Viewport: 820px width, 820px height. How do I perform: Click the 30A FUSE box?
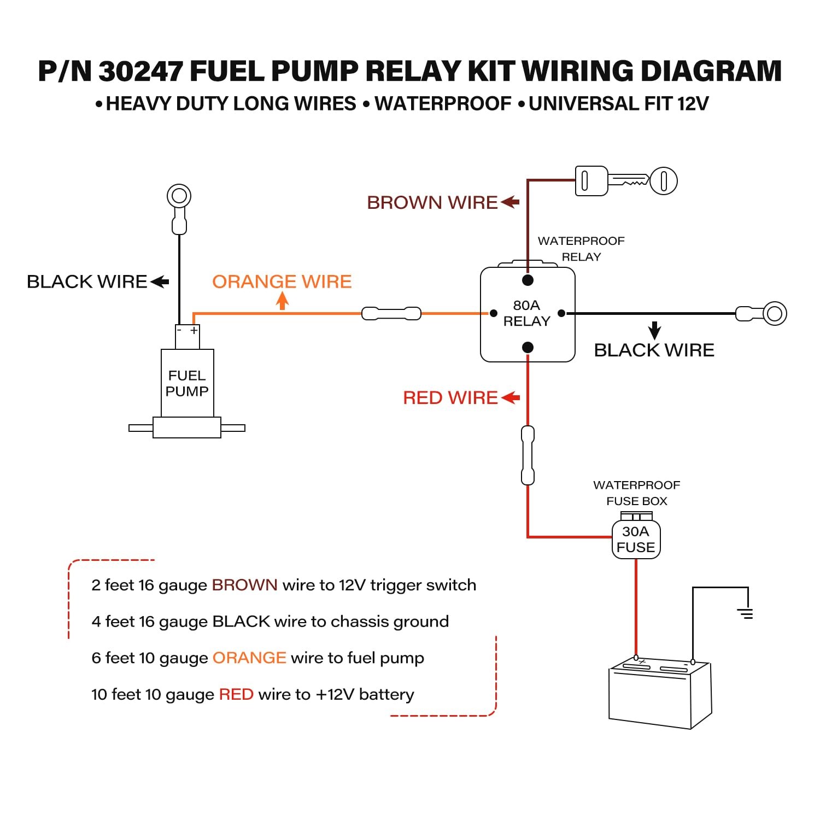point(636,540)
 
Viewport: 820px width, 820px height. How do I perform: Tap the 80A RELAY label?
point(526,313)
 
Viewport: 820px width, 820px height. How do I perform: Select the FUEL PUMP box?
point(188,383)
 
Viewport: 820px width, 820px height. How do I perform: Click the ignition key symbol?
point(626,180)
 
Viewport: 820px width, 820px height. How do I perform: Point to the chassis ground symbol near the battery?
point(745,613)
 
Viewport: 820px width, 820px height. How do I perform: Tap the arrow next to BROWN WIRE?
point(509,202)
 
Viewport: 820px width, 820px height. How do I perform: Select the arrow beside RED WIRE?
point(510,397)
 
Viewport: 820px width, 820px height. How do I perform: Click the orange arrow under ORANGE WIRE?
point(282,301)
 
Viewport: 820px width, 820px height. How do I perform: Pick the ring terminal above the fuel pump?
point(179,196)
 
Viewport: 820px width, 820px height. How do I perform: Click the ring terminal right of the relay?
point(774,314)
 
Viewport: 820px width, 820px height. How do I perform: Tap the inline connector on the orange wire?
point(391,314)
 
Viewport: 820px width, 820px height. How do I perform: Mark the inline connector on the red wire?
point(528,455)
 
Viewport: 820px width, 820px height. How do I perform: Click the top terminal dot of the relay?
point(528,280)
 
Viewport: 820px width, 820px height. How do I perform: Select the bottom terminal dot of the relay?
point(528,347)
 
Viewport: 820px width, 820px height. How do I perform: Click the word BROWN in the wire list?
point(244,585)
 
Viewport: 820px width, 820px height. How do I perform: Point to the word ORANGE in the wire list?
point(249,658)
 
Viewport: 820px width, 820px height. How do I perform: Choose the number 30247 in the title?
point(140,71)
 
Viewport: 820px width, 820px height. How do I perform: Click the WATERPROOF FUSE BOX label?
point(637,493)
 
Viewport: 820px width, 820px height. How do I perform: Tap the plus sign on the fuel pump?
point(194,331)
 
